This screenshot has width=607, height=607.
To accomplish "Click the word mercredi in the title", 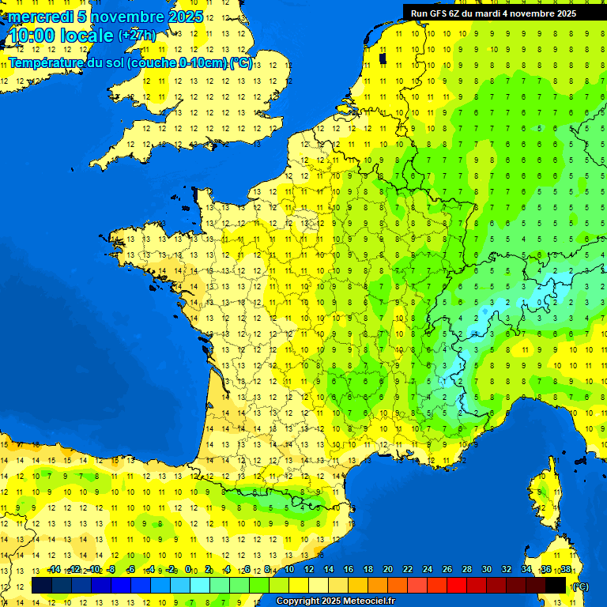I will (40, 17).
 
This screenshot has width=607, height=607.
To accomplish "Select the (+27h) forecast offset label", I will (136, 36).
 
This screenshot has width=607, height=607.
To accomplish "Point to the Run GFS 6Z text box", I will (493, 13).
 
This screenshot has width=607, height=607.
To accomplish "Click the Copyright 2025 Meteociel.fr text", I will (335, 601).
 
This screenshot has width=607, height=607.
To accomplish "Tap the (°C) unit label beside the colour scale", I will (580, 586).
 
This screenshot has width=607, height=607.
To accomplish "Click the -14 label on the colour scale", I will (54, 569).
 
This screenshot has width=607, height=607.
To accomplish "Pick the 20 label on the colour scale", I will (387, 569).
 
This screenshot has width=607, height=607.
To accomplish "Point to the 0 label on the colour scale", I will (188, 569).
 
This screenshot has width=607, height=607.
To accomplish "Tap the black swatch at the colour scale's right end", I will (556, 586).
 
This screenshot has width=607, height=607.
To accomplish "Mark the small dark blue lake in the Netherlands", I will (383, 58).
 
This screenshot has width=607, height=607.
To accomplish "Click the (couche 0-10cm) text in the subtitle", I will (178, 63).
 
